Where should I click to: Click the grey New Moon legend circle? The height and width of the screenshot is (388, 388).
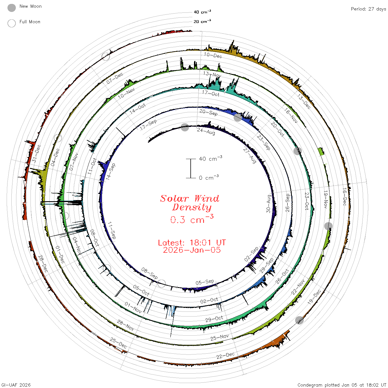point(12,8)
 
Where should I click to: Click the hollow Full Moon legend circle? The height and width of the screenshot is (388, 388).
point(12,23)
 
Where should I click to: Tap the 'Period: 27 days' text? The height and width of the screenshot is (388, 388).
point(368,9)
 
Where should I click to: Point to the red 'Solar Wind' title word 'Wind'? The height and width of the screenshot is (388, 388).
point(207,198)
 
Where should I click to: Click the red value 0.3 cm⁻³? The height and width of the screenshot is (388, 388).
point(192,219)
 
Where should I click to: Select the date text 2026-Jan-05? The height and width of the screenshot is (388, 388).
point(192,250)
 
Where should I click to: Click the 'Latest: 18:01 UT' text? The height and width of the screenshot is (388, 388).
point(192,242)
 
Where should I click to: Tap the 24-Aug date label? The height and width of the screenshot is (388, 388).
point(206,131)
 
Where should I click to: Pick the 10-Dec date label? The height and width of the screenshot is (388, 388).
point(213,55)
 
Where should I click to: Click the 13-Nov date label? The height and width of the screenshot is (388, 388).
point(212,74)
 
